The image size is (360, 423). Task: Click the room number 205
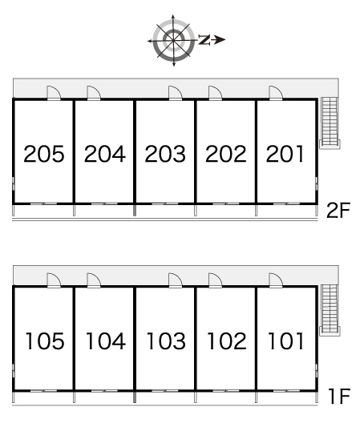point(44,154)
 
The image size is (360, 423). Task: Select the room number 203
point(165,154)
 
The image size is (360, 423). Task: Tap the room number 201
point(285,154)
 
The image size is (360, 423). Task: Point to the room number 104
point(105,341)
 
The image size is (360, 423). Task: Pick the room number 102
point(227,341)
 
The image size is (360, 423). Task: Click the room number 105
point(45,341)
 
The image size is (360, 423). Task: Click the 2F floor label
point(338,211)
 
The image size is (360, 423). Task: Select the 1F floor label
point(339,397)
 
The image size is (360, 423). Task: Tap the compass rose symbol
point(173,41)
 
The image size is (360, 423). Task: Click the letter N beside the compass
point(204,40)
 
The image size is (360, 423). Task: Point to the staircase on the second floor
point(330,123)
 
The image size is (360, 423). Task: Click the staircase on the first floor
point(330,310)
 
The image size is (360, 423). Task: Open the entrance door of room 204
point(94,93)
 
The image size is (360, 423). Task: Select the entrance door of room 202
point(215,93)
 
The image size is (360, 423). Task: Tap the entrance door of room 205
point(54,93)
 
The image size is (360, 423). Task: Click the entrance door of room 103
point(175,280)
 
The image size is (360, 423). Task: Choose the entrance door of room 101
point(276,280)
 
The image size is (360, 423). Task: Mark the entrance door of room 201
point(276,93)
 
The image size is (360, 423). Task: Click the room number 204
point(105,154)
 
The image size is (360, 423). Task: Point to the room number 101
point(285,341)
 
